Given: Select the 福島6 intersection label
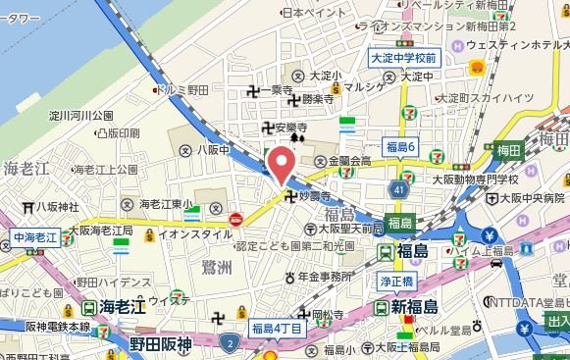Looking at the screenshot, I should [x=401, y=146].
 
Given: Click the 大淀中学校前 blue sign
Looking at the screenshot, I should [x=409, y=59].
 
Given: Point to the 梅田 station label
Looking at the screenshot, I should [x=507, y=150].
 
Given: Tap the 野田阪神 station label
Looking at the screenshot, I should [x=160, y=343].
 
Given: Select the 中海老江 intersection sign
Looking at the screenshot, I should [x=37, y=238].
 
